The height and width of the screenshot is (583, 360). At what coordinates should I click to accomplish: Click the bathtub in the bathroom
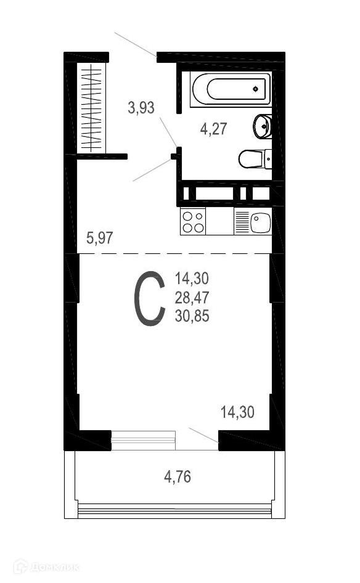click(x=231, y=89)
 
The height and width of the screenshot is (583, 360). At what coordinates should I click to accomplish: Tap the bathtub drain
click(x=255, y=89)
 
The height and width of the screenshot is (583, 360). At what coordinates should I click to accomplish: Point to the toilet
click(x=255, y=159)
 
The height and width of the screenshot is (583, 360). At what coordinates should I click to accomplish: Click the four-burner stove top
click(x=193, y=221)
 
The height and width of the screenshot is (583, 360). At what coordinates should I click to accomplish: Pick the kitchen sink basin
click(x=260, y=222)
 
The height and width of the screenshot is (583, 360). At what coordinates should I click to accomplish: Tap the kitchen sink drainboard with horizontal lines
click(x=242, y=222)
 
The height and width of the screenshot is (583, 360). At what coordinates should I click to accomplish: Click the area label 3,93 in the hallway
click(x=141, y=108)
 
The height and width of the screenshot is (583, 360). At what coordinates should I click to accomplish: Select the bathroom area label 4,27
click(x=213, y=129)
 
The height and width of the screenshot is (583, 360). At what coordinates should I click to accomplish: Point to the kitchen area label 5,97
click(x=99, y=238)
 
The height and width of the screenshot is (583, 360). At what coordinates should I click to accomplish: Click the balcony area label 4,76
click(x=178, y=476)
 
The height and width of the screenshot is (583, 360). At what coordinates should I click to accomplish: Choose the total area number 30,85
click(x=192, y=316)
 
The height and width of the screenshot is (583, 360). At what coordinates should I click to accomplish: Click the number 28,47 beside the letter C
click(x=192, y=298)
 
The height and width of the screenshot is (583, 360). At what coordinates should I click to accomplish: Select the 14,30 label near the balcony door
click(x=238, y=412)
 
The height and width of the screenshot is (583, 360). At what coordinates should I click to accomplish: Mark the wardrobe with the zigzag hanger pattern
click(x=91, y=108)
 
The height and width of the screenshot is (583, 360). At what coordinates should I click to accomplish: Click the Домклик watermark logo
click(x=46, y=566)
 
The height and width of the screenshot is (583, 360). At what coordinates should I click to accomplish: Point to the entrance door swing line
click(x=136, y=44)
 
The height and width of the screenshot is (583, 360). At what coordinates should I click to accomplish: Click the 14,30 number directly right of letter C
click(x=192, y=279)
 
